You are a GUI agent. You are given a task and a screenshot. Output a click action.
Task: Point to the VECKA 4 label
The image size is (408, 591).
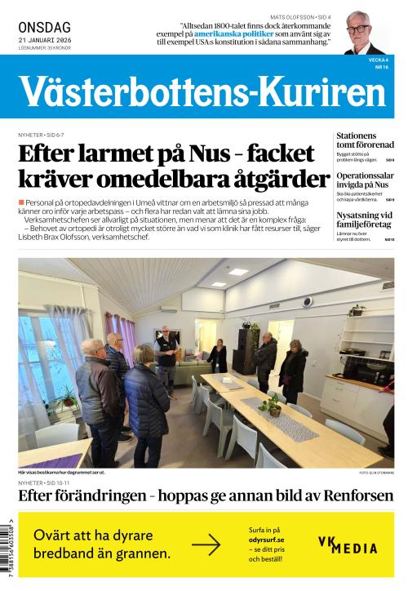point(376,60)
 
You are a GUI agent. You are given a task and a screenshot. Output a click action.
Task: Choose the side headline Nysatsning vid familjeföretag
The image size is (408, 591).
point(365,220)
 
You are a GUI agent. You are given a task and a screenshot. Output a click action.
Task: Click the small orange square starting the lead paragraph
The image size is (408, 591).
point(20,202)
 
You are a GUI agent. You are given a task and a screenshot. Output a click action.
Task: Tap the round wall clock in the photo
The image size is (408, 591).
point(308,302)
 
